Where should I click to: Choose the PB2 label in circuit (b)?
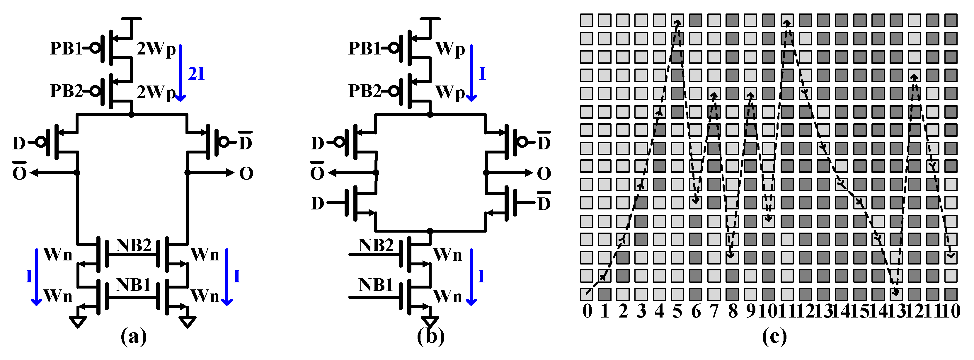tap(365, 91)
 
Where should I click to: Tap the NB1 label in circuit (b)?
tap(375, 285)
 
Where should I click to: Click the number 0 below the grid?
tap(587, 311)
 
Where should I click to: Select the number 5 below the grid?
tap(677, 311)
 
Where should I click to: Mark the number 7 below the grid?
tap(714, 311)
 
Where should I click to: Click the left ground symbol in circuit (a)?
tap(78, 322)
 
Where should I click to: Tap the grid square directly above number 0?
tap(586, 294)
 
